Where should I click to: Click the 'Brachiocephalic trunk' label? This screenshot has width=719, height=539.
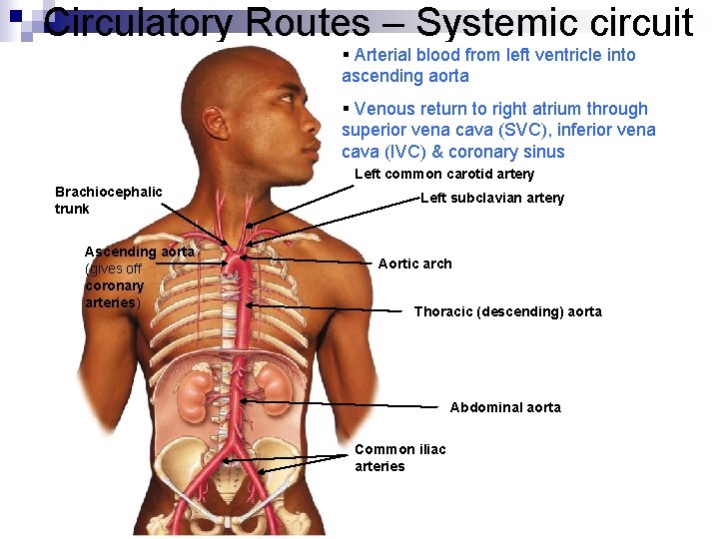(108, 200)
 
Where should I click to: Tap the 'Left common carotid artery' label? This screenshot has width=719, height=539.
(444, 174)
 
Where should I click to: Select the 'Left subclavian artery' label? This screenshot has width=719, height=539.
(491, 198)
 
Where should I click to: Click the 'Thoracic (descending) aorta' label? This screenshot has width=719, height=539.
(507, 311)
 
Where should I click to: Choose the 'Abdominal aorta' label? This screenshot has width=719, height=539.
(505, 407)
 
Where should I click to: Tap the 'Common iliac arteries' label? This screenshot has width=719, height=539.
(399, 457)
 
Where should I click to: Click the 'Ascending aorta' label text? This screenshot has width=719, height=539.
(139, 252)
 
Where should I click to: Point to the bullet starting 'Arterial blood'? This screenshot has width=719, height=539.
(488, 65)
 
